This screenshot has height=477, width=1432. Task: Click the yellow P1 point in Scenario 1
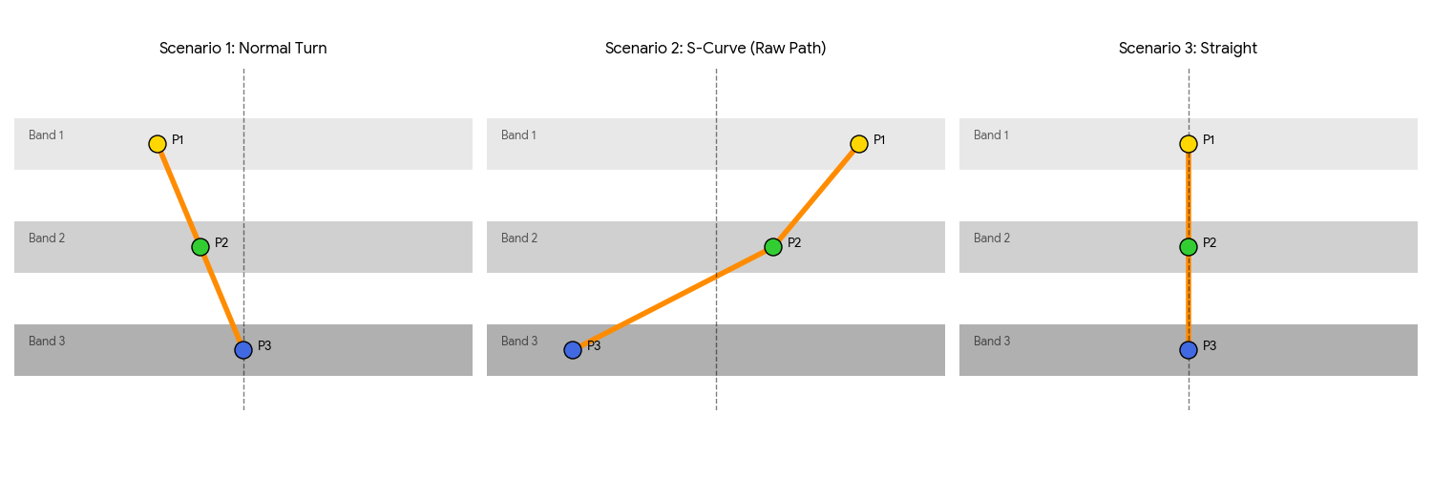pyautogui.click(x=158, y=144)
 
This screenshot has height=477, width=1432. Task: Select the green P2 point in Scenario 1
pyautogui.click(x=200, y=247)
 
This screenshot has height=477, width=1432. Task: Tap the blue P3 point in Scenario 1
pyautogui.click(x=243, y=350)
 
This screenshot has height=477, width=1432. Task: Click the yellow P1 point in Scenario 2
pyautogui.click(x=859, y=144)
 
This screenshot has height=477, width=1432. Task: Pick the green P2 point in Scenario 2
pyautogui.click(x=773, y=247)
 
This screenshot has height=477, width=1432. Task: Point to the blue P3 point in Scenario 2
pyautogui.click(x=573, y=350)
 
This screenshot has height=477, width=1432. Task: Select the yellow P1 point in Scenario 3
pyautogui.click(x=1189, y=144)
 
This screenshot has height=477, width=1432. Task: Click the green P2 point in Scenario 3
pyautogui.click(x=1189, y=247)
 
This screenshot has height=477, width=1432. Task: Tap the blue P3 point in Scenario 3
pyautogui.click(x=1189, y=350)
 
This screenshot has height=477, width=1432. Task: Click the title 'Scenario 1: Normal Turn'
pyautogui.click(x=243, y=49)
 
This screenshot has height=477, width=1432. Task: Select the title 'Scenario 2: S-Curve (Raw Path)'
pyautogui.click(x=716, y=49)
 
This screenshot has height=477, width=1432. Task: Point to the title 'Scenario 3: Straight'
pyautogui.click(x=1189, y=49)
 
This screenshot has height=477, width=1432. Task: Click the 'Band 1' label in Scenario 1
pyautogui.click(x=46, y=135)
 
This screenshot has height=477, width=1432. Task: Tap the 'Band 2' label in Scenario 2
pyautogui.click(x=518, y=238)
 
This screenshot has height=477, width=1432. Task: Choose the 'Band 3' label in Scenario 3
pyautogui.click(x=991, y=342)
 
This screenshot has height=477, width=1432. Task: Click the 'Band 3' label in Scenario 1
pyautogui.click(x=46, y=342)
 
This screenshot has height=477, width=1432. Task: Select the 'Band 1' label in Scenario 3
pyautogui.click(x=991, y=135)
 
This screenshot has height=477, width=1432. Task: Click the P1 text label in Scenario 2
pyautogui.click(x=879, y=140)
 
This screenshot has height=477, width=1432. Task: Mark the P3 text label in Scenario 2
pyautogui.click(x=594, y=345)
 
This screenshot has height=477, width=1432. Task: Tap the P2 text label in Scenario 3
pyautogui.click(x=1210, y=243)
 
